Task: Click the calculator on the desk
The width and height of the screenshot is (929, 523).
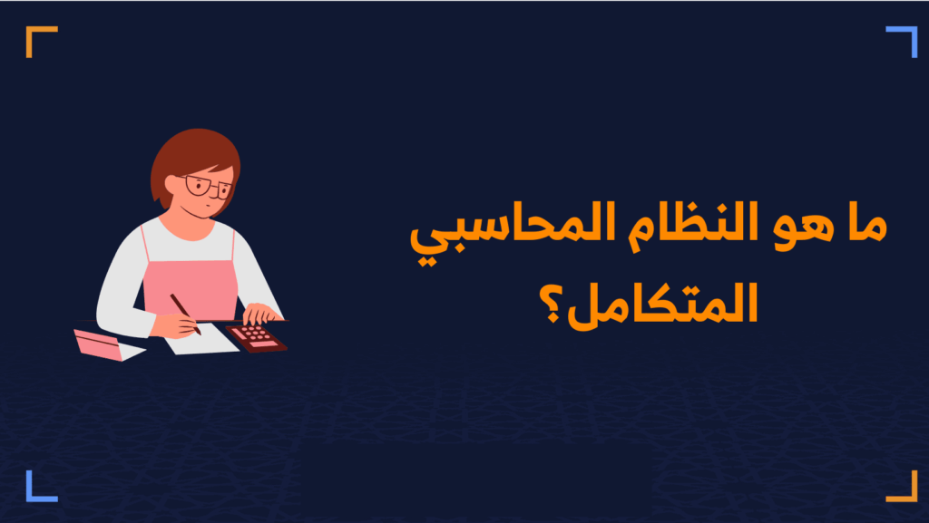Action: point(257,337)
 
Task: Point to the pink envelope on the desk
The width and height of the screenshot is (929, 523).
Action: point(102,344)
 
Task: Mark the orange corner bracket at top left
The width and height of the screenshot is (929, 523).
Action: point(41,41)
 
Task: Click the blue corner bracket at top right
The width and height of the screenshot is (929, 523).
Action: point(902,41)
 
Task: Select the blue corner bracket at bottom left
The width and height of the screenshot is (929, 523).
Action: point(41,486)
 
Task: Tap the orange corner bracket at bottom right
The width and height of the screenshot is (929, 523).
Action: point(902,486)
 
